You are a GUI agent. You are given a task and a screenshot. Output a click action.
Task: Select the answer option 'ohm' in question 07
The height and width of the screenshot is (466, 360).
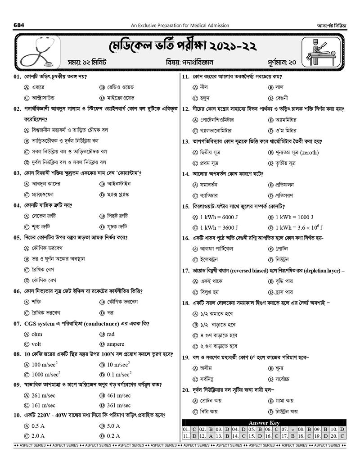pos(36,334)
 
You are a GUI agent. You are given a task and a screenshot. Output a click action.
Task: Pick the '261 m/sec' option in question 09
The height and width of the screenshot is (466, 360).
pos(43,395)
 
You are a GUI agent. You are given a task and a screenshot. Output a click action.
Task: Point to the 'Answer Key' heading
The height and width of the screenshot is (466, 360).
pos(264,423)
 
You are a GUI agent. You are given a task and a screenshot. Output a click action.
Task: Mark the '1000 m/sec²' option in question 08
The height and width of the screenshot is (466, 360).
pos(46,375)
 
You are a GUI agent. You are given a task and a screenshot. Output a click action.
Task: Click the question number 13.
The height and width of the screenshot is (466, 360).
pos(185,141)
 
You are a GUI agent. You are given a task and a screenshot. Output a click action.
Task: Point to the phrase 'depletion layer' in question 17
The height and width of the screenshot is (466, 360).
pos(322,271)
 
